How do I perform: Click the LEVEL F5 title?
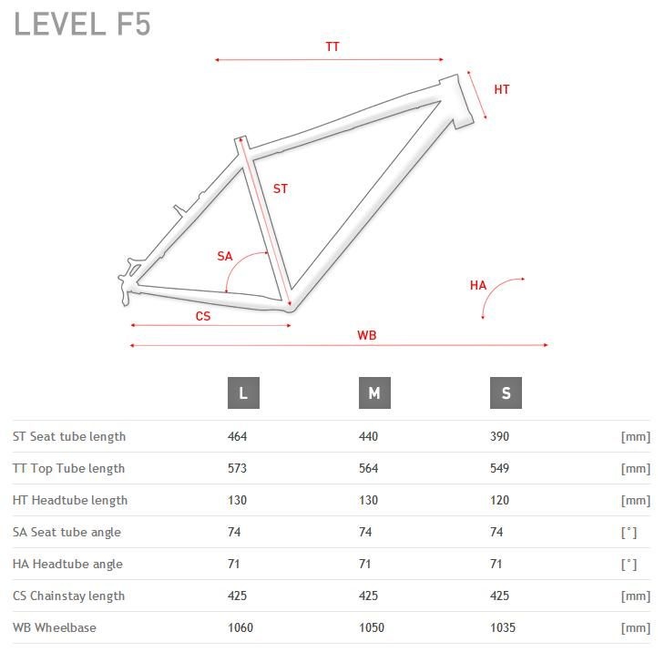[82, 24]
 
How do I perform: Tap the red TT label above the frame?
[332, 46]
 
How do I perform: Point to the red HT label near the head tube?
[502, 89]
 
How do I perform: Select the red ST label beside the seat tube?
[281, 188]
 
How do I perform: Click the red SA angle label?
[225, 256]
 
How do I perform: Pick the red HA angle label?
[478, 285]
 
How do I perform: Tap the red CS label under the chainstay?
[203, 316]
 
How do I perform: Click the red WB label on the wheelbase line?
[367, 335]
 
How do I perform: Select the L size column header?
[243, 393]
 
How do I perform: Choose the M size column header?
[374, 393]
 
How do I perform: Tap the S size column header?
[506, 393]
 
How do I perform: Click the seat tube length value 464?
[237, 436]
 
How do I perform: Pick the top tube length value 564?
[369, 468]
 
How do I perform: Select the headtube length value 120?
[499, 500]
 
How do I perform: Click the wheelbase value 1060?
[240, 627]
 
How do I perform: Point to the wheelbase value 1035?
[503, 627]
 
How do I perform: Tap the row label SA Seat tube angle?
[67, 533]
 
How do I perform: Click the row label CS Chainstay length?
[68, 596]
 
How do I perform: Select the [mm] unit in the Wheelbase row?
[635, 627]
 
